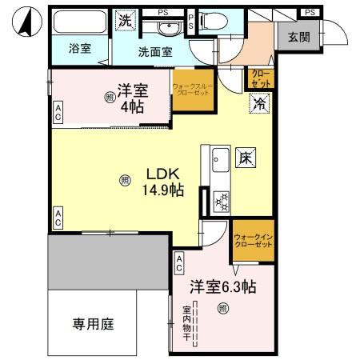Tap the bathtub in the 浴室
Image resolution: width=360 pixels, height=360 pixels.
79,22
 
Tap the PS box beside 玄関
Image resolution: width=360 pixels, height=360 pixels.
309,11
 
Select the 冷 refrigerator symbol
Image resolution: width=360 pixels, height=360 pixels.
259,102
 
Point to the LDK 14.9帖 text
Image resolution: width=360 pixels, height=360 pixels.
164,182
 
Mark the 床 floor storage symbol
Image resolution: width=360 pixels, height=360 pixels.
245,158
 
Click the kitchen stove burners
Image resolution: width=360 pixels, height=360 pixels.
220,201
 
